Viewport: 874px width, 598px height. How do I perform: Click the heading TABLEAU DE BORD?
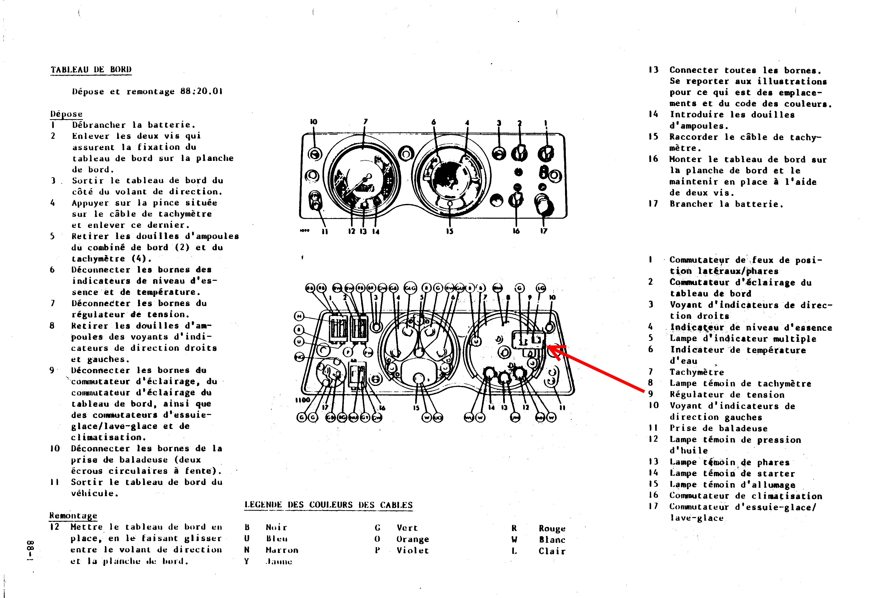pyautogui.click(x=91, y=70)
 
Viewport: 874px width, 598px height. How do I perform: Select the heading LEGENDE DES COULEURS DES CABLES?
pyautogui.click(x=328, y=505)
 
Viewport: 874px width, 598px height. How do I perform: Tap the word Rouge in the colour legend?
pyautogui.click(x=552, y=529)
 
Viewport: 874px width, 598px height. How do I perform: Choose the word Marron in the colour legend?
pyautogui.click(x=282, y=550)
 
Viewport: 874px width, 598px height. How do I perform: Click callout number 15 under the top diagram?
pyautogui.click(x=450, y=231)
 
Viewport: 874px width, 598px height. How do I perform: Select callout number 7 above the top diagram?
pyautogui.click(x=365, y=121)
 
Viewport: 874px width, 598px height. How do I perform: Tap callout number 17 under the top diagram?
pyautogui.click(x=544, y=231)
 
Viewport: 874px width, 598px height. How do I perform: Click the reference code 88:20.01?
pyautogui.click(x=201, y=92)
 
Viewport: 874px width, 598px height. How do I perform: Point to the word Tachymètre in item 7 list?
pyautogui.click(x=696, y=372)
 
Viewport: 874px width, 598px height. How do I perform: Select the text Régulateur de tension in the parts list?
pyautogui.click(x=727, y=395)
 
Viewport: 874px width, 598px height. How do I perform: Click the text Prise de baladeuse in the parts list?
pyautogui.click(x=718, y=428)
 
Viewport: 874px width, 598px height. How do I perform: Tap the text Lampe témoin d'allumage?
pyautogui.click(x=732, y=485)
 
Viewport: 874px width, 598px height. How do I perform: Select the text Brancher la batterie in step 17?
pyautogui.click(x=726, y=204)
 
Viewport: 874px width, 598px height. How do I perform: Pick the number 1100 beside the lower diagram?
pyautogui.click(x=302, y=400)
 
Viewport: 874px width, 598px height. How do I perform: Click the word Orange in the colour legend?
pyautogui.click(x=413, y=539)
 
